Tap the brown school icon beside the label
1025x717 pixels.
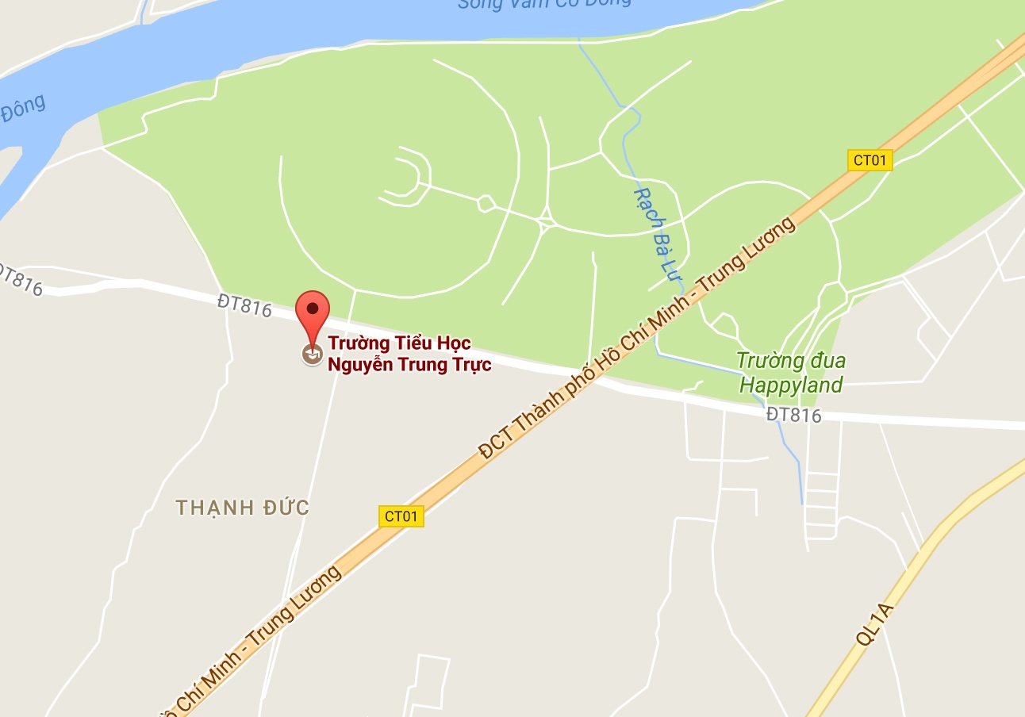pyautogui.click(x=313, y=355)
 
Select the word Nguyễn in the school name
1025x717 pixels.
pyautogui.click(x=358, y=365)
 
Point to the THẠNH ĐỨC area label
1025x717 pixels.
pyautogui.click(x=242, y=508)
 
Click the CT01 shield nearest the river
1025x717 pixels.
pyautogui.click(x=870, y=160)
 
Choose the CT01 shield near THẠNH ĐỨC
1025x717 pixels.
pyautogui.click(x=401, y=516)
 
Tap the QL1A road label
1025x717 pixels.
pyautogui.click(x=874, y=624)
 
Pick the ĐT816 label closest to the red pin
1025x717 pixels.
pyautogui.click(x=245, y=305)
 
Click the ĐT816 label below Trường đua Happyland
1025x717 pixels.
pyautogui.click(x=793, y=415)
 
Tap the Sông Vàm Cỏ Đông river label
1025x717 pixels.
pyautogui.click(x=543, y=3)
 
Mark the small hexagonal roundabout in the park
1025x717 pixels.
pyautogui.click(x=486, y=204)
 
